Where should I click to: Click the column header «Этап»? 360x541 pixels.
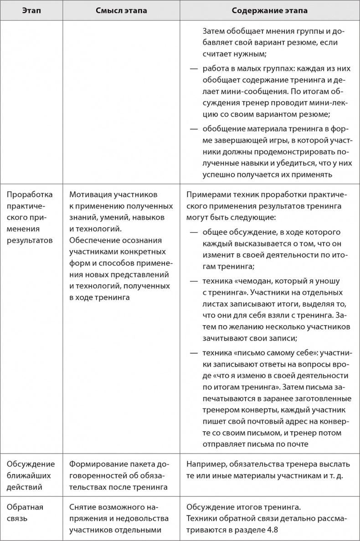tap(31, 10)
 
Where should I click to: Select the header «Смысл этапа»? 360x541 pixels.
tap(121, 10)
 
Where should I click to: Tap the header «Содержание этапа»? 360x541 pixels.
tap(269, 10)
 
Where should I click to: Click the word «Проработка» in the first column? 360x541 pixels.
tap(30, 195)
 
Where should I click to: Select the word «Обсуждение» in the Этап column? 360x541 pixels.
tap(30, 464)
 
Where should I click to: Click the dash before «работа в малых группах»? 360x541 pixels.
tap(194, 68)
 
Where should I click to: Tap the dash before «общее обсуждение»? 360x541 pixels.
tap(194, 232)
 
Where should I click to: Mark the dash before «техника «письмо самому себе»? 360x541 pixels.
tap(194, 353)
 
